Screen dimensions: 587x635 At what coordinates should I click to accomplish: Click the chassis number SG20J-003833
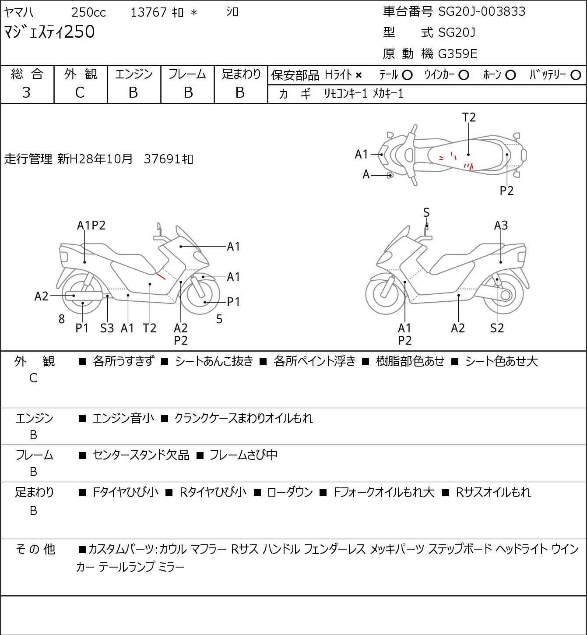click(482, 11)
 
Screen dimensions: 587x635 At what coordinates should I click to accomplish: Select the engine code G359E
click(457, 54)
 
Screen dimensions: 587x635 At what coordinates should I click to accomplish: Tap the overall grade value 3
click(26, 93)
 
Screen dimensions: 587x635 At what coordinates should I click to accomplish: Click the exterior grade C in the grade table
click(80, 93)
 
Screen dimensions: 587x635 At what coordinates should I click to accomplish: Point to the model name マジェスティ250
click(49, 32)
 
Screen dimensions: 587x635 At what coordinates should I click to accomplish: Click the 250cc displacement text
click(88, 12)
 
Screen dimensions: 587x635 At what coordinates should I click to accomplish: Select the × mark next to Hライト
click(359, 75)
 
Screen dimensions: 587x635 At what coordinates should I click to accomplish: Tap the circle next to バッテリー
click(576, 75)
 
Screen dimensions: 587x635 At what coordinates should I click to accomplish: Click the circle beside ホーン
click(510, 75)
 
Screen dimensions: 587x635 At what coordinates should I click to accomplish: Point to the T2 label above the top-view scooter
click(469, 117)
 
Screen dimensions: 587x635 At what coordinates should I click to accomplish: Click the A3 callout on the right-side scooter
click(501, 226)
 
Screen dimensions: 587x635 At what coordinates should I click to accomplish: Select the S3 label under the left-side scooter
click(107, 328)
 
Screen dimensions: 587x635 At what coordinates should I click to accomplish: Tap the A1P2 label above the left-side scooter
click(91, 226)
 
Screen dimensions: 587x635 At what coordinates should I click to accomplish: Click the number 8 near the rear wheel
click(62, 319)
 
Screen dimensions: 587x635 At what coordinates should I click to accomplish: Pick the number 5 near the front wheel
click(219, 319)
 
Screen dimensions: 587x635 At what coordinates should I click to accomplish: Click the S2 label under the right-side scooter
click(497, 328)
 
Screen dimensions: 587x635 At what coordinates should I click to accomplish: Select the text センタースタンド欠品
click(141, 455)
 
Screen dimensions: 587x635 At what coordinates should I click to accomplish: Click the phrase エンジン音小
click(123, 418)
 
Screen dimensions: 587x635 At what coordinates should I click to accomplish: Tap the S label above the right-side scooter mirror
click(426, 212)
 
